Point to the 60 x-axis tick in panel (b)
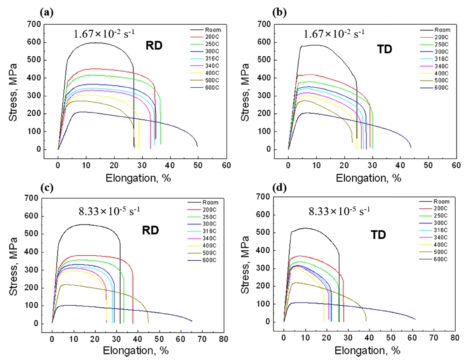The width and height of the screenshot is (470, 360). (x=456, y=164)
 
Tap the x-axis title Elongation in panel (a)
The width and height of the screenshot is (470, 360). (x=137, y=178)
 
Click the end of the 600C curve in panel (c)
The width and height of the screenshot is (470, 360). (x=192, y=321)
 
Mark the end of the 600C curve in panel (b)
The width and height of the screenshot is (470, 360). (x=411, y=147)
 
